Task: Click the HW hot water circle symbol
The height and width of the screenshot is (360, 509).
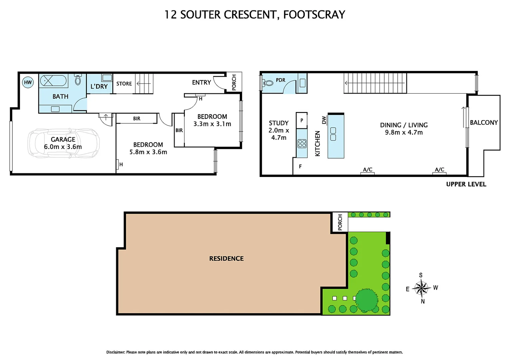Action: tap(28, 82)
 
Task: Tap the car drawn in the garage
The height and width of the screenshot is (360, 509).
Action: tap(63, 143)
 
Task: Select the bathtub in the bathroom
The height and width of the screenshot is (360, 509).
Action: tap(53, 81)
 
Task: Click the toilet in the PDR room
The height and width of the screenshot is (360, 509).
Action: tap(268, 83)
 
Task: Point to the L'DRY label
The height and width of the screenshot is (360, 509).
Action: tap(99, 86)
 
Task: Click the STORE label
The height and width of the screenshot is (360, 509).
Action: tap(124, 84)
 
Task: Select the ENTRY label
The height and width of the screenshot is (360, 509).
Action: tap(201, 82)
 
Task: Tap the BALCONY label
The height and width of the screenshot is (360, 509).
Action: tap(484, 123)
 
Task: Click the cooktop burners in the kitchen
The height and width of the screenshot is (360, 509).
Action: tap(302, 144)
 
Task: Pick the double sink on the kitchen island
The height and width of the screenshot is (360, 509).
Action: tap(333, 134)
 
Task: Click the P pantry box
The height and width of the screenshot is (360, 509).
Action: tap(301, 120)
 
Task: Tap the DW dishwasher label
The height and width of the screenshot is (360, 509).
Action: tap(324, 120)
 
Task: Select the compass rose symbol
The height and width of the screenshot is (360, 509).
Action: tap(421, 288)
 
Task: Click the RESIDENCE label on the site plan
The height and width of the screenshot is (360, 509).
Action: tap(226, 259)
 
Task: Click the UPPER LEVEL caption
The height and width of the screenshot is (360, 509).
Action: tap(466, 184)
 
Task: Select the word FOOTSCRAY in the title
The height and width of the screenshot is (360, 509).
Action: tap(314, 15)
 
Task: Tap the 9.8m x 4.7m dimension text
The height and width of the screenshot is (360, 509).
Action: tap(404, 132)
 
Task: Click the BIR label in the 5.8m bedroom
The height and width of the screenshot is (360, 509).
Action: tap(137, 119)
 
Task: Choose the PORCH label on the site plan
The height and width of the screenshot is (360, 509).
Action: tap(340, 222)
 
